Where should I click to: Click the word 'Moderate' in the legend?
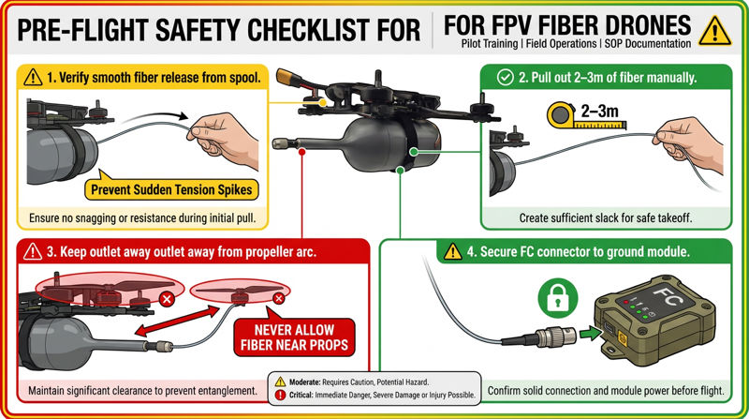[x=312, y=382]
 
